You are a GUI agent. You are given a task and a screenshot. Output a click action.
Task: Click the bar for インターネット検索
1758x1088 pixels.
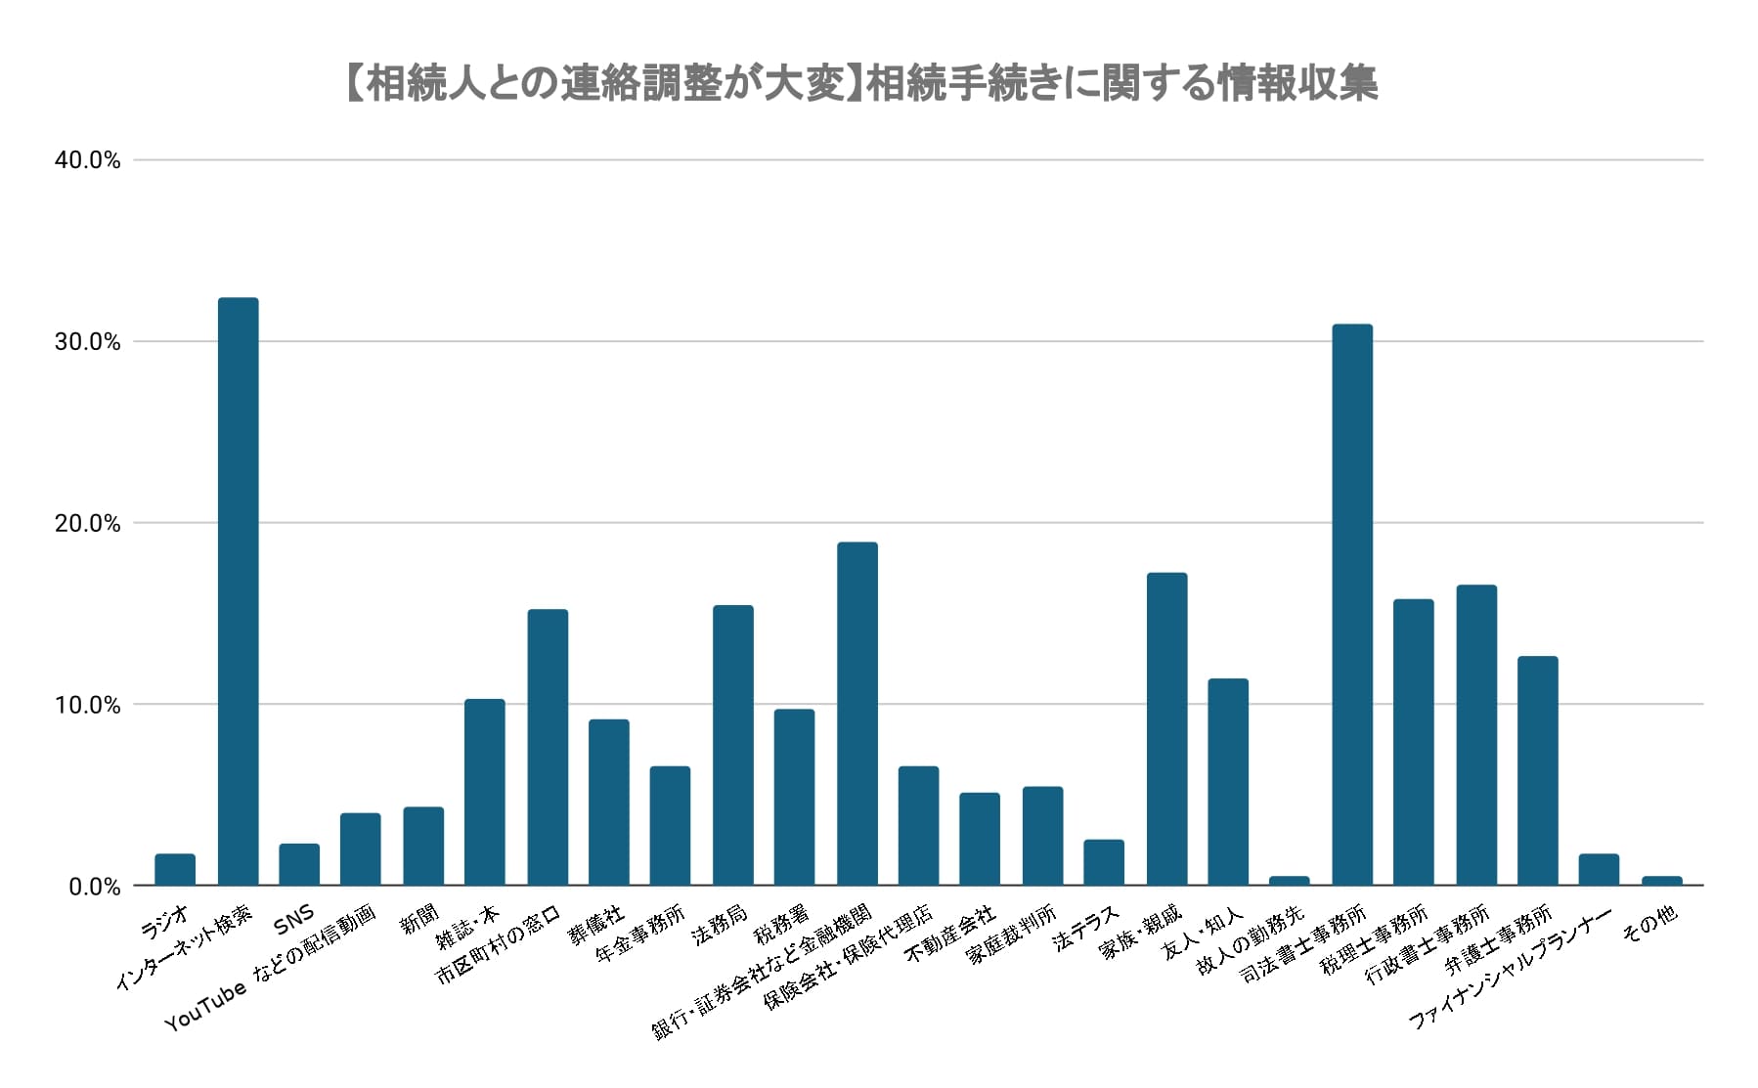(x=238, y=591)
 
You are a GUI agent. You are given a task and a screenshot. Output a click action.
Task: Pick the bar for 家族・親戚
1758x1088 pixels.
(x=1166, y=728)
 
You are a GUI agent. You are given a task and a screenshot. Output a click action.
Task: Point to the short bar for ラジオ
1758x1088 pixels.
(x=175, y=870)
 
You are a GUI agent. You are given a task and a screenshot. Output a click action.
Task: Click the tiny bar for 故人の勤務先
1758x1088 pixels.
(x=1290, y=881)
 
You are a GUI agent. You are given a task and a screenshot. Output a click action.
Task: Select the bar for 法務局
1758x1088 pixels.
(x=733, y=745)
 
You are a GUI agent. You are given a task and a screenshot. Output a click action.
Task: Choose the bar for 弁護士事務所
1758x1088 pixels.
(x=1537, y=770)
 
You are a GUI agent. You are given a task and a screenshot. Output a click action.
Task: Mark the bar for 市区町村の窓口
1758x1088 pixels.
(x=548, y=747)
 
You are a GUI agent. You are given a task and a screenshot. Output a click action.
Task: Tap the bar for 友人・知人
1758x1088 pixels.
(x=1228, y=782)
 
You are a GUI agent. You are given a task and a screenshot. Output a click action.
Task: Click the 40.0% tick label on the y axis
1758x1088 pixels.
(x=88, y=161)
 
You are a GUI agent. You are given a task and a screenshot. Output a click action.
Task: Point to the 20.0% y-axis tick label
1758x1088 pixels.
(x=88, y=524)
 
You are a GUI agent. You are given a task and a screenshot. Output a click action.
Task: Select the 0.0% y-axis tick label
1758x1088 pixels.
(x=94, y=887)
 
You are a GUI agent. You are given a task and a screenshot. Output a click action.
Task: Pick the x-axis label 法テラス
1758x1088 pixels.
(x=1085, y=928)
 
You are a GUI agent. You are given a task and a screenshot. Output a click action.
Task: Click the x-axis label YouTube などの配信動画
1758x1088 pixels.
(x=271, y=968)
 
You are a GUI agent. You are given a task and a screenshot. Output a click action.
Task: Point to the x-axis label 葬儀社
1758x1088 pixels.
(x=596, y=925)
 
